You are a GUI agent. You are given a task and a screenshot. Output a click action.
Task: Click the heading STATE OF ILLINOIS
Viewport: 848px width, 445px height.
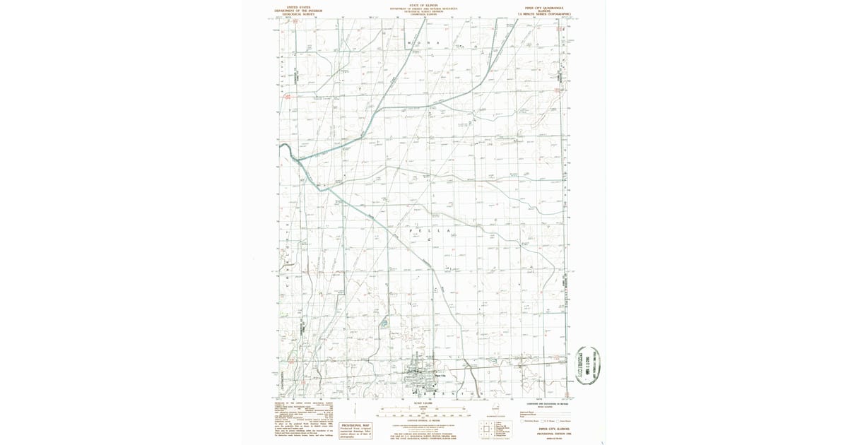point(423,5)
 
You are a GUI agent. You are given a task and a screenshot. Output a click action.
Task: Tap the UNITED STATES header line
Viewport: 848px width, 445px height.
point(298,6)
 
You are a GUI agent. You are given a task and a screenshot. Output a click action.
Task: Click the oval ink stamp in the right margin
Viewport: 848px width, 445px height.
point(591,364)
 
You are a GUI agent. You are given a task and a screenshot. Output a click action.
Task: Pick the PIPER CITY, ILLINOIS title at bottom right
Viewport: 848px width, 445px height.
point(553,429)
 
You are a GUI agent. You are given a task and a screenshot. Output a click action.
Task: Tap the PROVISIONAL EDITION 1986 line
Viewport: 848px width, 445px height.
point(553,433)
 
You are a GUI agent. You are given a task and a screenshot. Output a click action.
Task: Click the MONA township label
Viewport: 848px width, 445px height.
point(428,44)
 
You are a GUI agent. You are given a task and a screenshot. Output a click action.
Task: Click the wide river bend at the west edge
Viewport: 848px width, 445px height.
point(287,149)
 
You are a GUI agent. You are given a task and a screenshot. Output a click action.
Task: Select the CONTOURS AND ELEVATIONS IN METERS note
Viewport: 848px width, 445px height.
point(544,403)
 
